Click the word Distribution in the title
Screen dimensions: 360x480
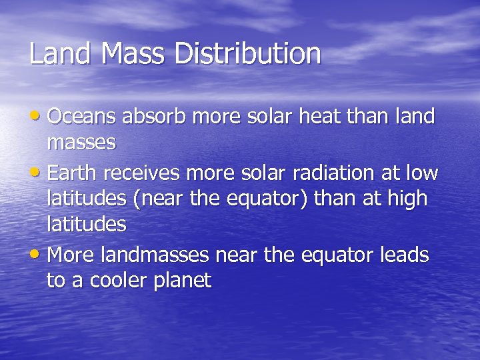248,54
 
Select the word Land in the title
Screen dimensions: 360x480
61,54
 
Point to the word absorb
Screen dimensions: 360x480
157,117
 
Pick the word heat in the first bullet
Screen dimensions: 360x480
301,117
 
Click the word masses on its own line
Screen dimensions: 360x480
81,142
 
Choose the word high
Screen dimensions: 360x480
403,199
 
